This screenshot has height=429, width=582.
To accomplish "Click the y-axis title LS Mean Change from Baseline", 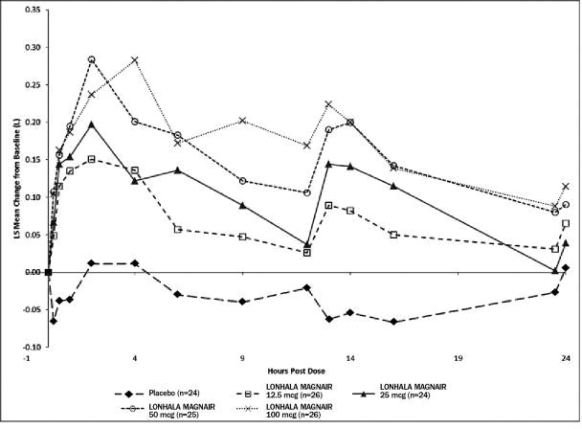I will [8, 177].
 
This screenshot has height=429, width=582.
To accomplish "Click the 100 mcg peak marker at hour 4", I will [135, 60].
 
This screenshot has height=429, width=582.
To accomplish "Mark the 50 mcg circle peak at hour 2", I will [92, 59].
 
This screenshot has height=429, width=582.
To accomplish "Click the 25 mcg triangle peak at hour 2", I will [92, 124].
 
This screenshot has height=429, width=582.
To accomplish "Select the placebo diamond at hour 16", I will [393, 322].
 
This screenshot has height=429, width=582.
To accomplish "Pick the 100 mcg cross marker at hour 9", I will [242, 121].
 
